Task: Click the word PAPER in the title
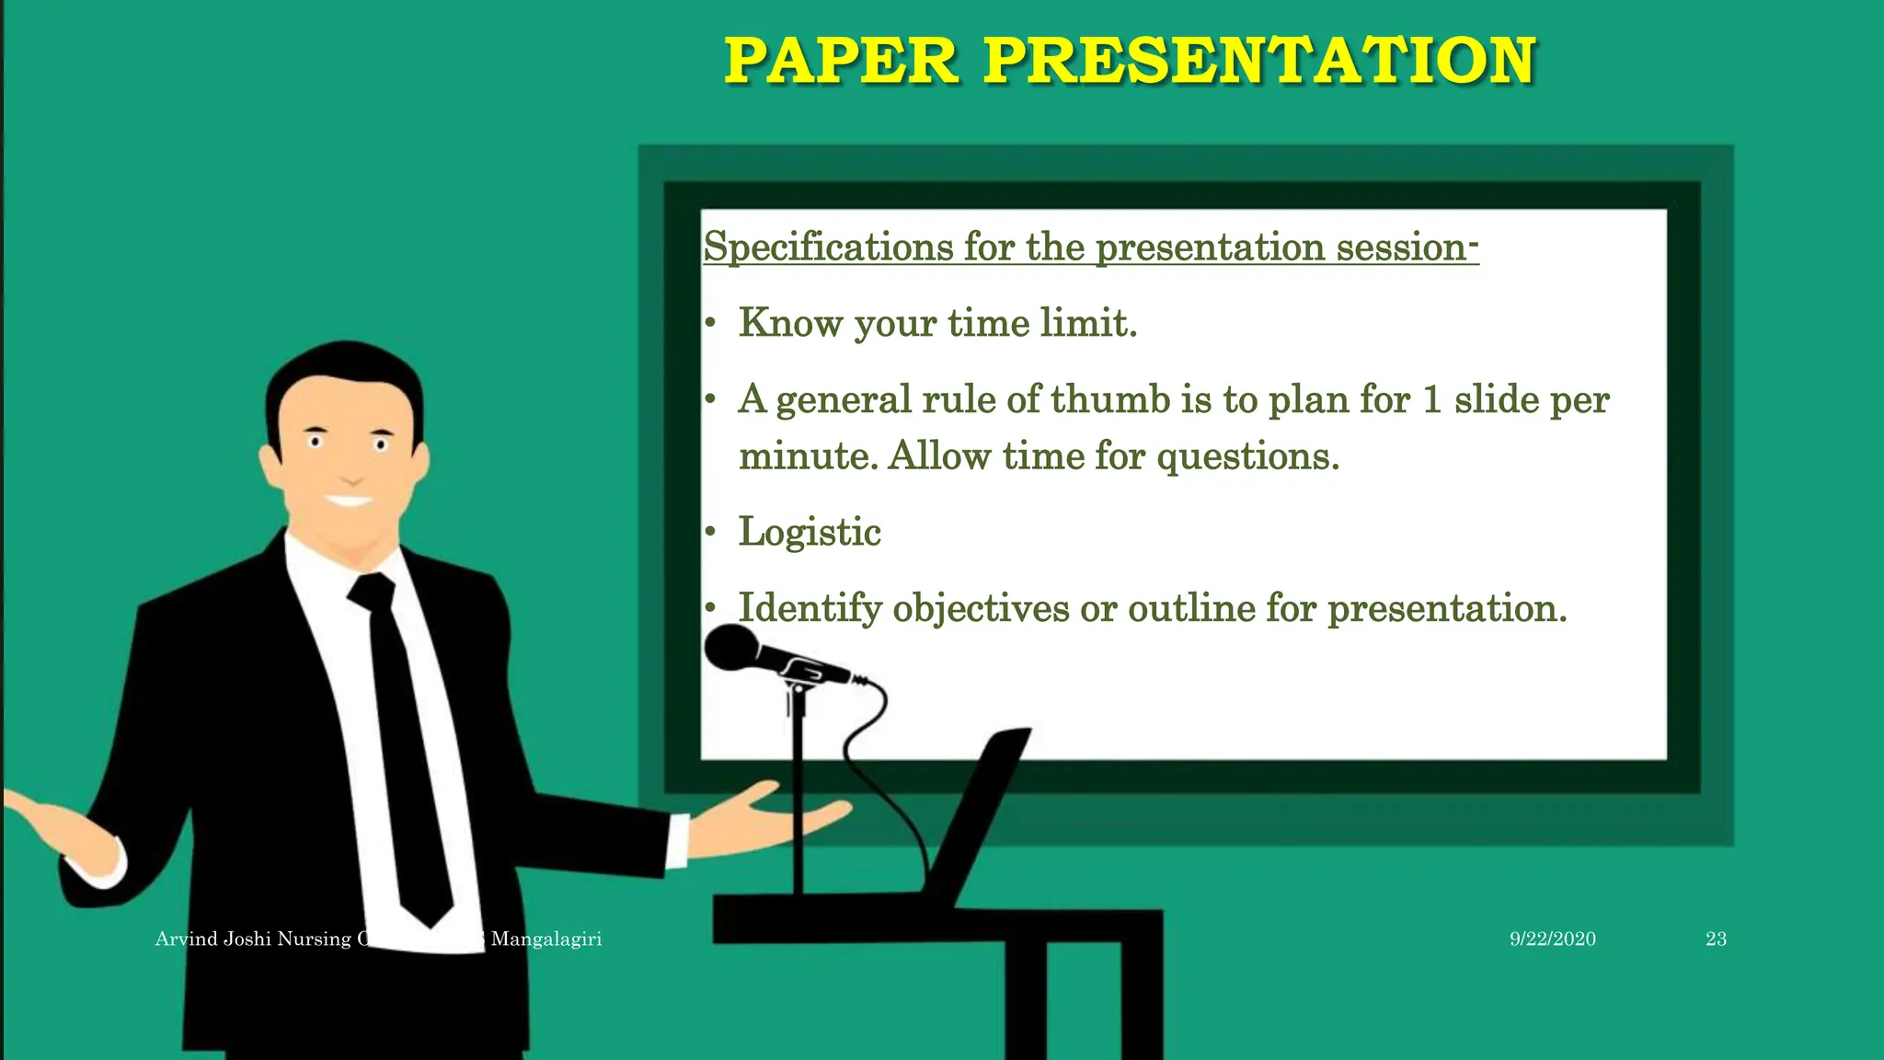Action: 841,61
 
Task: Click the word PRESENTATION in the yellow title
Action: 1259,61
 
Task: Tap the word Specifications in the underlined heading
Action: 828,247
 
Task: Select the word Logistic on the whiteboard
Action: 810,532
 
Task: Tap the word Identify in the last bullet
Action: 810,608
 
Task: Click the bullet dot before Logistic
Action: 710,532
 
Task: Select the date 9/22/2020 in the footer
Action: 1552,939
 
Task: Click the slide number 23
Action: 1715,939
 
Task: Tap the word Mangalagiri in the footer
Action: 546,939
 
